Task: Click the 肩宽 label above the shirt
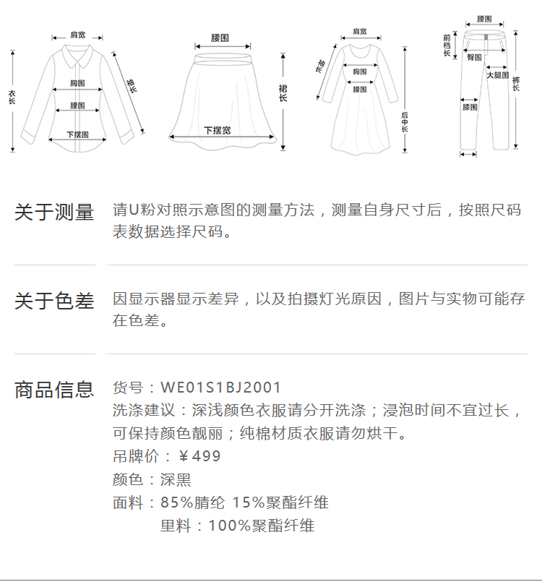pos(78,35)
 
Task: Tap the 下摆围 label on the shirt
pos(77,134)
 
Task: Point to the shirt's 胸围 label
pos(78,83)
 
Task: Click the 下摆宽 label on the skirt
pos(217,131)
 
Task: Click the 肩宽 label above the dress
pos(359,32)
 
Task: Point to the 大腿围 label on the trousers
pos(497,75)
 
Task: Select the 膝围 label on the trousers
pos(470,108)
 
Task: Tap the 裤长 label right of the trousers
pos(515,84)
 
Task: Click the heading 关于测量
pos(54,213)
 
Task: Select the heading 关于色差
pos(54,301)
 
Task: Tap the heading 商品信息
pos(54,390)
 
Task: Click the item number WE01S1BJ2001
pos(220,388)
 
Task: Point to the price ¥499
pos(199,457)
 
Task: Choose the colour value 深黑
pos(176,480)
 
